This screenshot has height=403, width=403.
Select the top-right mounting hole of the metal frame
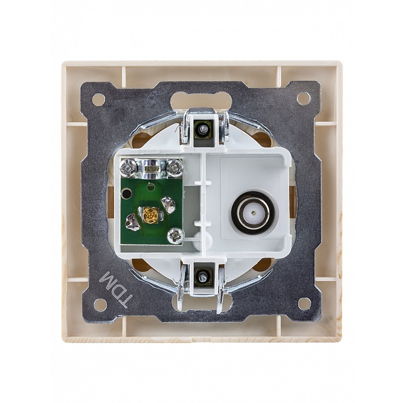pos(304,99)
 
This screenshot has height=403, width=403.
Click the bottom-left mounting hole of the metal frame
pos(100,304)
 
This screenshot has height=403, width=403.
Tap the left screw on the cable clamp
pos(127,168)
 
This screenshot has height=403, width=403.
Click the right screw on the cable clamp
pos(175,168)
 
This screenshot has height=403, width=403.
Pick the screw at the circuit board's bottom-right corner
pos(175,235)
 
